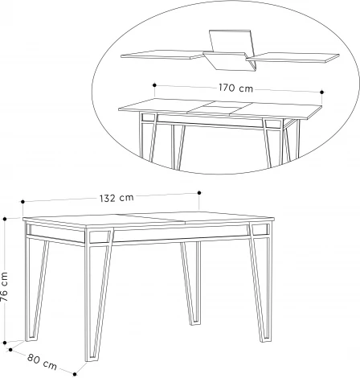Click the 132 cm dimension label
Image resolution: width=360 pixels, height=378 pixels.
117,198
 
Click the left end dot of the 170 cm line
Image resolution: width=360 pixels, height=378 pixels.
153,83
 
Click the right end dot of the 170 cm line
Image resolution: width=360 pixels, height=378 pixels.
321,92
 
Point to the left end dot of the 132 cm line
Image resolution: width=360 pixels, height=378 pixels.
24,203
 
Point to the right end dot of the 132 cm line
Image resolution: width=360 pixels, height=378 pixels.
198,192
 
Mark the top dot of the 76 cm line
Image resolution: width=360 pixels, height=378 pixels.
6,217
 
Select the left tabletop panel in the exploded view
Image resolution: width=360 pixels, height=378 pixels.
161,55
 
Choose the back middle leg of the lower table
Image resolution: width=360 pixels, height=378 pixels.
191,286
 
